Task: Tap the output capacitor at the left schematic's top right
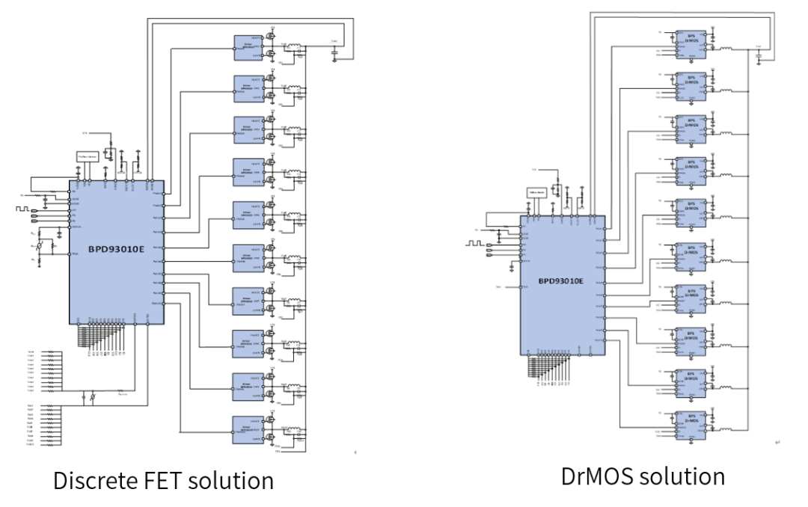click(x=333, y=52)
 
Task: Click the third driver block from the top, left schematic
click(x=248, y=129)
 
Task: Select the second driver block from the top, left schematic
click(x=248, y=86)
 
